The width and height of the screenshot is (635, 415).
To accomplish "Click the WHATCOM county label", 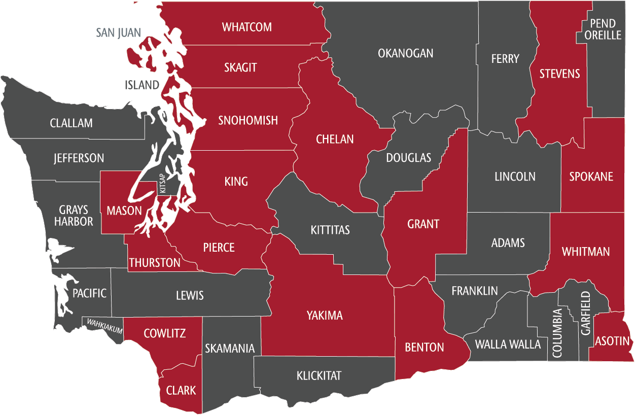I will (247, 27).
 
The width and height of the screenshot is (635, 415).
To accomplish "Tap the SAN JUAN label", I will (119, 33).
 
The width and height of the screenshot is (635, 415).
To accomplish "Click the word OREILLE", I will (602, 35).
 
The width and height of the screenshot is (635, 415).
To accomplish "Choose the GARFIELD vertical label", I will (586, 313).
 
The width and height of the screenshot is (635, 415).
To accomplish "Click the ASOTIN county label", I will (613, 340).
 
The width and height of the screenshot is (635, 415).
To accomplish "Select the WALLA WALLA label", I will (508, 344).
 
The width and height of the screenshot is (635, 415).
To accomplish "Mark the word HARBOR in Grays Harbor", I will (74, 222).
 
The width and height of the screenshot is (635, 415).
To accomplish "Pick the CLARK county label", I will (181, 390).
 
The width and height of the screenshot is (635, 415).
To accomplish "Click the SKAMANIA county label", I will (230, 349).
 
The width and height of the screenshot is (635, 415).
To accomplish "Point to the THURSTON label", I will (155, 263).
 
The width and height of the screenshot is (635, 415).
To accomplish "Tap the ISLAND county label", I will (142, 85).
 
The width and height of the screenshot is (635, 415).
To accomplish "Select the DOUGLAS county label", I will (408, 158).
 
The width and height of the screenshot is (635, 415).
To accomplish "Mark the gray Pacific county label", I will (90, 293).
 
